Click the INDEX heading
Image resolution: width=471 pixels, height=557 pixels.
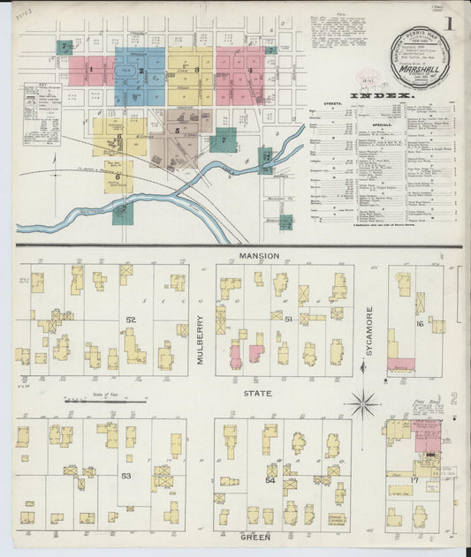[381, 94]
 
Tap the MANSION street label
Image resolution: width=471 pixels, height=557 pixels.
[258, 256]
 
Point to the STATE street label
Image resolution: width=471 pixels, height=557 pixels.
[258, 393]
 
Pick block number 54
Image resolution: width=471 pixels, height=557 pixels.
[271, 478]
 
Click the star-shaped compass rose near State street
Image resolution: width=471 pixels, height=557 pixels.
[362, 404]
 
